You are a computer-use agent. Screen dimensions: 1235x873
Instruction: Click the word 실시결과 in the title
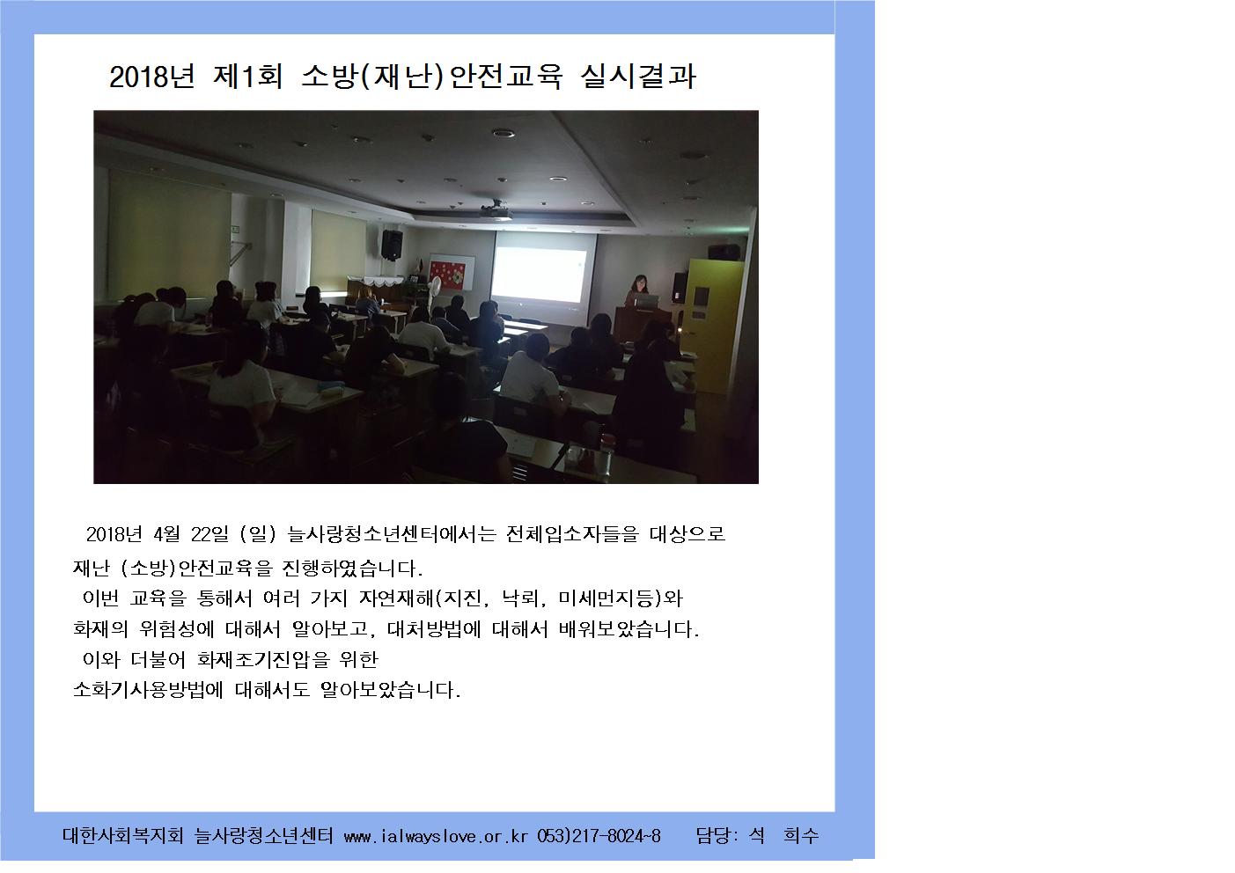638,76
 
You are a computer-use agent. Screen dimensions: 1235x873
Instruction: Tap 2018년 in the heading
151,77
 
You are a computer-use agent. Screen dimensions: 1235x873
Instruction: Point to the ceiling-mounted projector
496,210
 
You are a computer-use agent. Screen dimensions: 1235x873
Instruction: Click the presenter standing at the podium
638,290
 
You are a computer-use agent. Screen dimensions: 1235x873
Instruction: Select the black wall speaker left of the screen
392,245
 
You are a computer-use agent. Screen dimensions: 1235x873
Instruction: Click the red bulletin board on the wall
447,275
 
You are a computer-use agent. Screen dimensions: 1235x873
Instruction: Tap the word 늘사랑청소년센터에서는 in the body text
393,534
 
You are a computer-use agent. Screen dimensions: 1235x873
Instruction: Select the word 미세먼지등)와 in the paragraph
621,598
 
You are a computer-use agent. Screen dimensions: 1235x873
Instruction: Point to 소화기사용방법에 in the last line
148,689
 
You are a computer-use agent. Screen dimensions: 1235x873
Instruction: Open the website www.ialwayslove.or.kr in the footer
436,837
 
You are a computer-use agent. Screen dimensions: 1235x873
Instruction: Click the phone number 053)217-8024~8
599,836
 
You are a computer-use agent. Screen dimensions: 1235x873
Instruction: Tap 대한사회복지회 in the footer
123,835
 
